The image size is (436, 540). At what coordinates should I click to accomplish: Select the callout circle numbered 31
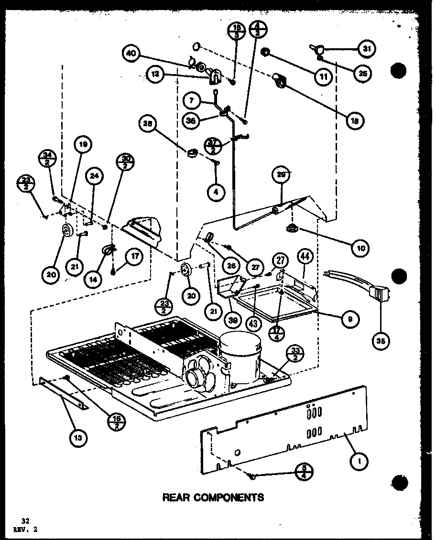(367, 48)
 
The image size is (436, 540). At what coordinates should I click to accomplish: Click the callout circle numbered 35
(382, 341)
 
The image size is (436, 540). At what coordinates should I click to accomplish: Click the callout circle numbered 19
(84, 144)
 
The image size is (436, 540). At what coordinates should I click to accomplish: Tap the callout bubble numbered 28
(147, 124)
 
